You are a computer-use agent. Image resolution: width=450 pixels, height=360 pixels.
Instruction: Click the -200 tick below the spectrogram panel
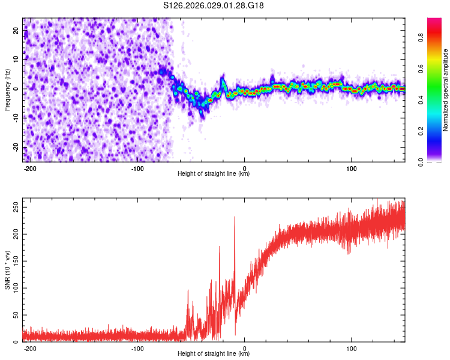coord(31,168)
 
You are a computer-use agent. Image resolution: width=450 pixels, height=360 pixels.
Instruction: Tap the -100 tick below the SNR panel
coord(137,348)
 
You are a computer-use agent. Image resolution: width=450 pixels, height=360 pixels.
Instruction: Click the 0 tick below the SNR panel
coord(244,348)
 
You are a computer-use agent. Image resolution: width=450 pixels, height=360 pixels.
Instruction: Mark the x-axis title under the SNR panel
coord(214,354)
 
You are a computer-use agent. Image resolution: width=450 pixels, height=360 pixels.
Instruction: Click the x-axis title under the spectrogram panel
coord(214,174)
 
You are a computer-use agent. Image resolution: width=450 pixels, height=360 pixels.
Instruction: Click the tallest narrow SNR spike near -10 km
coord(235,218)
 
